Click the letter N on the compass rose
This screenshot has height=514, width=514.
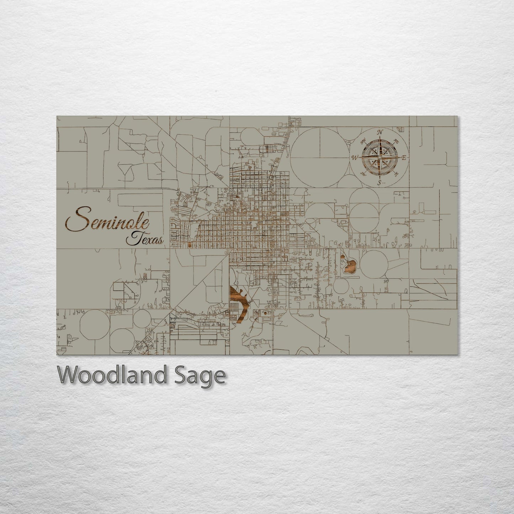pyautogui.click(x=380, y=132)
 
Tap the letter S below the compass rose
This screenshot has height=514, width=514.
pyautogui.click(x=380, y=183)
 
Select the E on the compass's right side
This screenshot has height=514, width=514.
pyautogui.click(x=404, y=158)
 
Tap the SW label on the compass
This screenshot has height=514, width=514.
pyautogui.click(x=364, y=174)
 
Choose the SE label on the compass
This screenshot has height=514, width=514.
pyautogui.click(x=396, y=174)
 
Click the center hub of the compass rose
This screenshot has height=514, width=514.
pyautogui.click(x=380, y=157)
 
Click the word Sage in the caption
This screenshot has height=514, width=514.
pyautogui.click(x=206, y=376)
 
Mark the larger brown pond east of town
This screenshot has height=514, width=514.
pyautogui.click(x=350, y=266)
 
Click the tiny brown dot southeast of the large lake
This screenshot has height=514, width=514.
pyautogui.click(x=265, y=313)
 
